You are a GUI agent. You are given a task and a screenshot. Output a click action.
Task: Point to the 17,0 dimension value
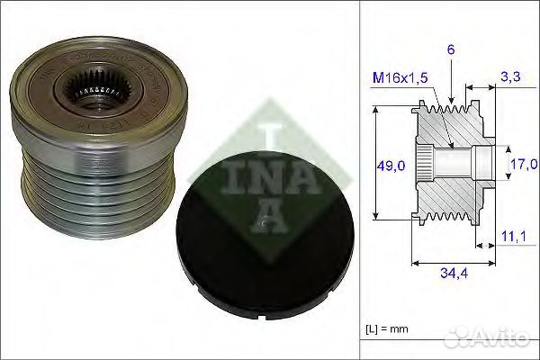(x=524, y=164)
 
